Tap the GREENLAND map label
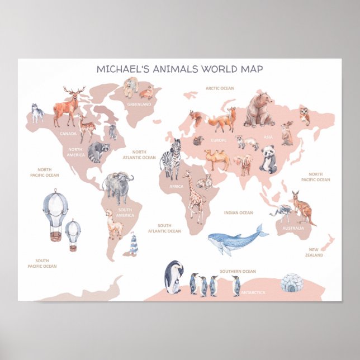[139, 104]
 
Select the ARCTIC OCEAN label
[219, 88]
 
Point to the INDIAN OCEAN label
[238, 212]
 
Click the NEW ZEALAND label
[314, 252]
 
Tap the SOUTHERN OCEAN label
[238, 272]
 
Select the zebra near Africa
[171, 159]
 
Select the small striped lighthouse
[134, 245]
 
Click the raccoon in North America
[98, 151]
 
